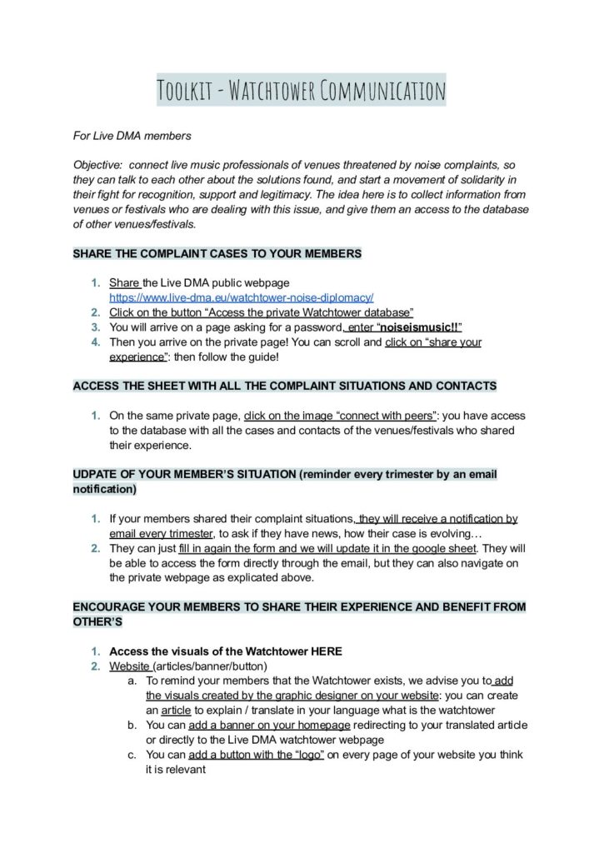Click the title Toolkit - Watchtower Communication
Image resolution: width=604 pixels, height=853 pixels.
click(x=301, y=90)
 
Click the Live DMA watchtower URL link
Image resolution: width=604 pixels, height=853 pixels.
click(x=241, y=297)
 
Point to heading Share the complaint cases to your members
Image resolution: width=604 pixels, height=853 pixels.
click(x=217, y=253)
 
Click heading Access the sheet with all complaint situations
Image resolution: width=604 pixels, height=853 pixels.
click(x=284, y=386)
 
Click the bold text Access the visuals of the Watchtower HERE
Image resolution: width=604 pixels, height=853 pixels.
click(x=225, y=651)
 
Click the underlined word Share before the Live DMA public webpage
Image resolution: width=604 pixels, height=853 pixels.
click(x=124, y=283)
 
